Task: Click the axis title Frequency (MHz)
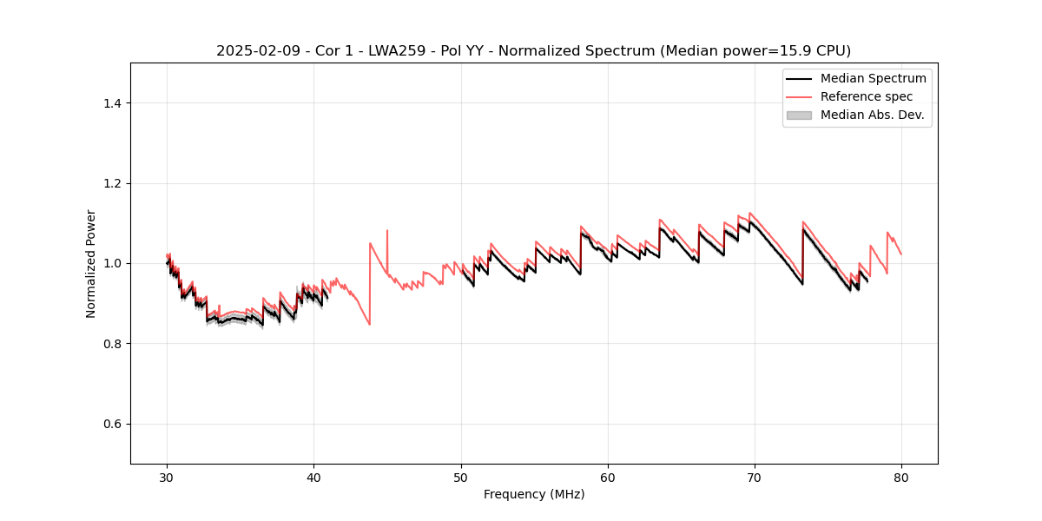coord(534,494)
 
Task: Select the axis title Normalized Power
coord(91,263)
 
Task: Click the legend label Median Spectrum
coord(873,78)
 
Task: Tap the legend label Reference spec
coord(867,96)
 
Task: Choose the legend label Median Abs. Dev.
coord(872,115)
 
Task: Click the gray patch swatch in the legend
coord(798,115)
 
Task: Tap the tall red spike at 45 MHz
coord(387,233)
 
